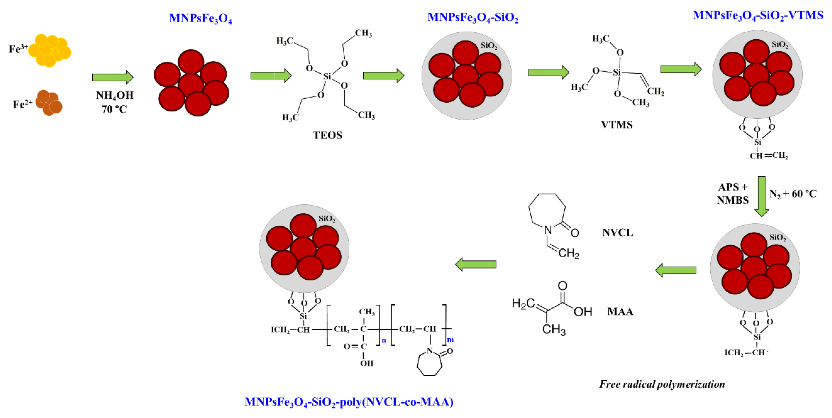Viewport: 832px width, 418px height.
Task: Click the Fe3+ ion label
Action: coord(18,49)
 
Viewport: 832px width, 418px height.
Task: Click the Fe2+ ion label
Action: coord(22,104)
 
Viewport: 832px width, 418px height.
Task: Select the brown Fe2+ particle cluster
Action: coord(49,103)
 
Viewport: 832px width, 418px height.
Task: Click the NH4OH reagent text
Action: coord(115,95)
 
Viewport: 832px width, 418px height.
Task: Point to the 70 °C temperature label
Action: coord(114,109)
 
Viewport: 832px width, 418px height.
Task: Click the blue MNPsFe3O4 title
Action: coord(200,18)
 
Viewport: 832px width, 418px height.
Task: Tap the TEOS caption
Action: coord(327,135)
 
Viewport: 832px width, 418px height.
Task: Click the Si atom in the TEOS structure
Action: coord(327,77)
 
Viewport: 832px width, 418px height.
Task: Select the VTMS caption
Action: coord(616,125)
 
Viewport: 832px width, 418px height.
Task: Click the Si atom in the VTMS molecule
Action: coord(617,72)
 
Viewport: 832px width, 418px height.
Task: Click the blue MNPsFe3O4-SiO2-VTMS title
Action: coord(758,15)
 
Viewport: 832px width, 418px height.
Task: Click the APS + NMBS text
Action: coord(732,194)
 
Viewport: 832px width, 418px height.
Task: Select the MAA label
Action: coord(620,312)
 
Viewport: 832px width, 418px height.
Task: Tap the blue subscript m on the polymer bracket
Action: coord(450,340)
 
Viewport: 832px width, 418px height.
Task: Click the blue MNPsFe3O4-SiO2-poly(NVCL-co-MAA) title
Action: coord(349,402)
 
